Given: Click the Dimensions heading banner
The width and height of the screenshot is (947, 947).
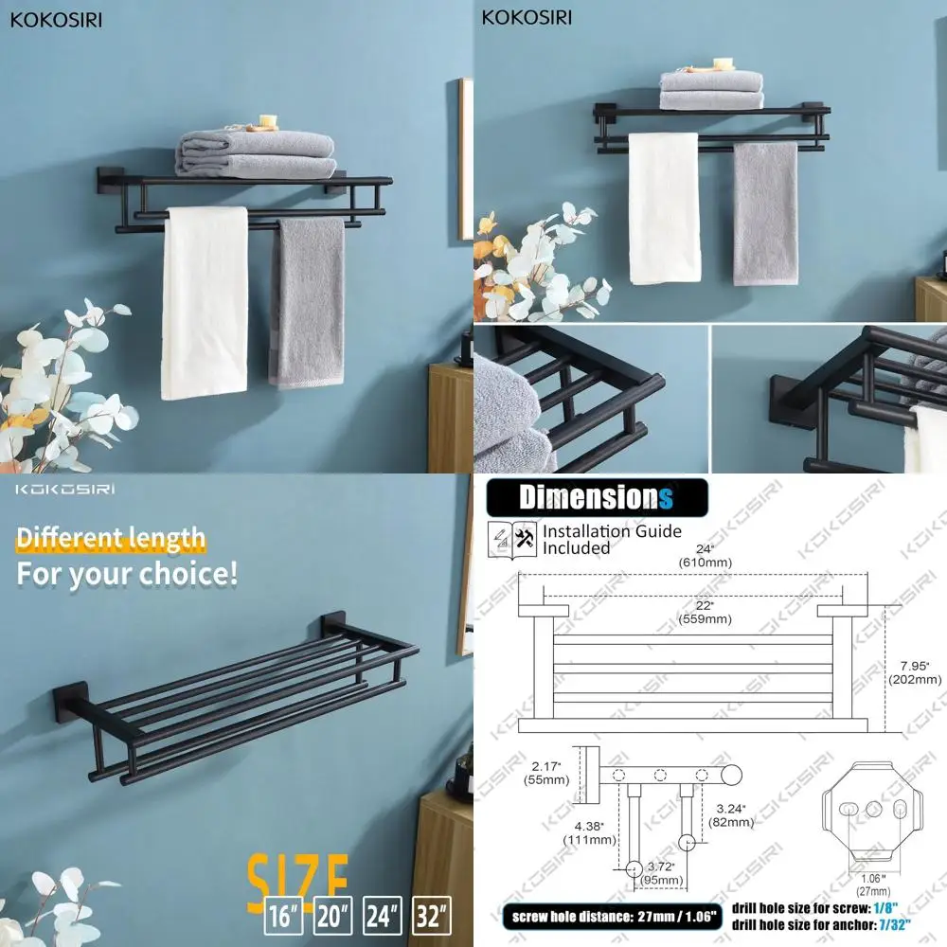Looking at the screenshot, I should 598,496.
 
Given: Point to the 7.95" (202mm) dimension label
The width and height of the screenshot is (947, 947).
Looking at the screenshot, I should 914,670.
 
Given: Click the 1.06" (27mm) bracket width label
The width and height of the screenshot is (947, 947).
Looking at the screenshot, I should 874,884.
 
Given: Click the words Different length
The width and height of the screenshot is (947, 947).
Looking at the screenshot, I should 111,540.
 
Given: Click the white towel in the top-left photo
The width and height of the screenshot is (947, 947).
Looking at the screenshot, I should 204,302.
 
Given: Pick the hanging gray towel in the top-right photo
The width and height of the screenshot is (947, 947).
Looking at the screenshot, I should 765,212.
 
